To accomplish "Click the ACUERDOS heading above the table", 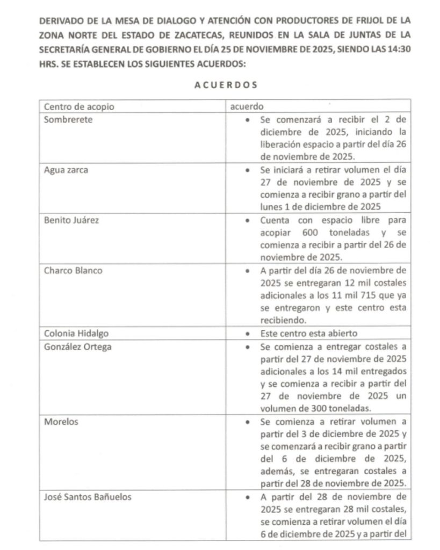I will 225,85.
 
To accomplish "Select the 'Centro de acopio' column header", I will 79,107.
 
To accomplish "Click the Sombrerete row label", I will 68,120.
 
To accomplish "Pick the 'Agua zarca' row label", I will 67,170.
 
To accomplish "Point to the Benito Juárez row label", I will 71,220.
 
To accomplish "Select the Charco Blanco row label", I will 73,270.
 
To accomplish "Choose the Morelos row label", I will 61,422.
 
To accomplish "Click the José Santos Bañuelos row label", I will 88,497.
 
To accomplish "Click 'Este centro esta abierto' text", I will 308,334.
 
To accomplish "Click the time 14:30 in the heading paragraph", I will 399,49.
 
